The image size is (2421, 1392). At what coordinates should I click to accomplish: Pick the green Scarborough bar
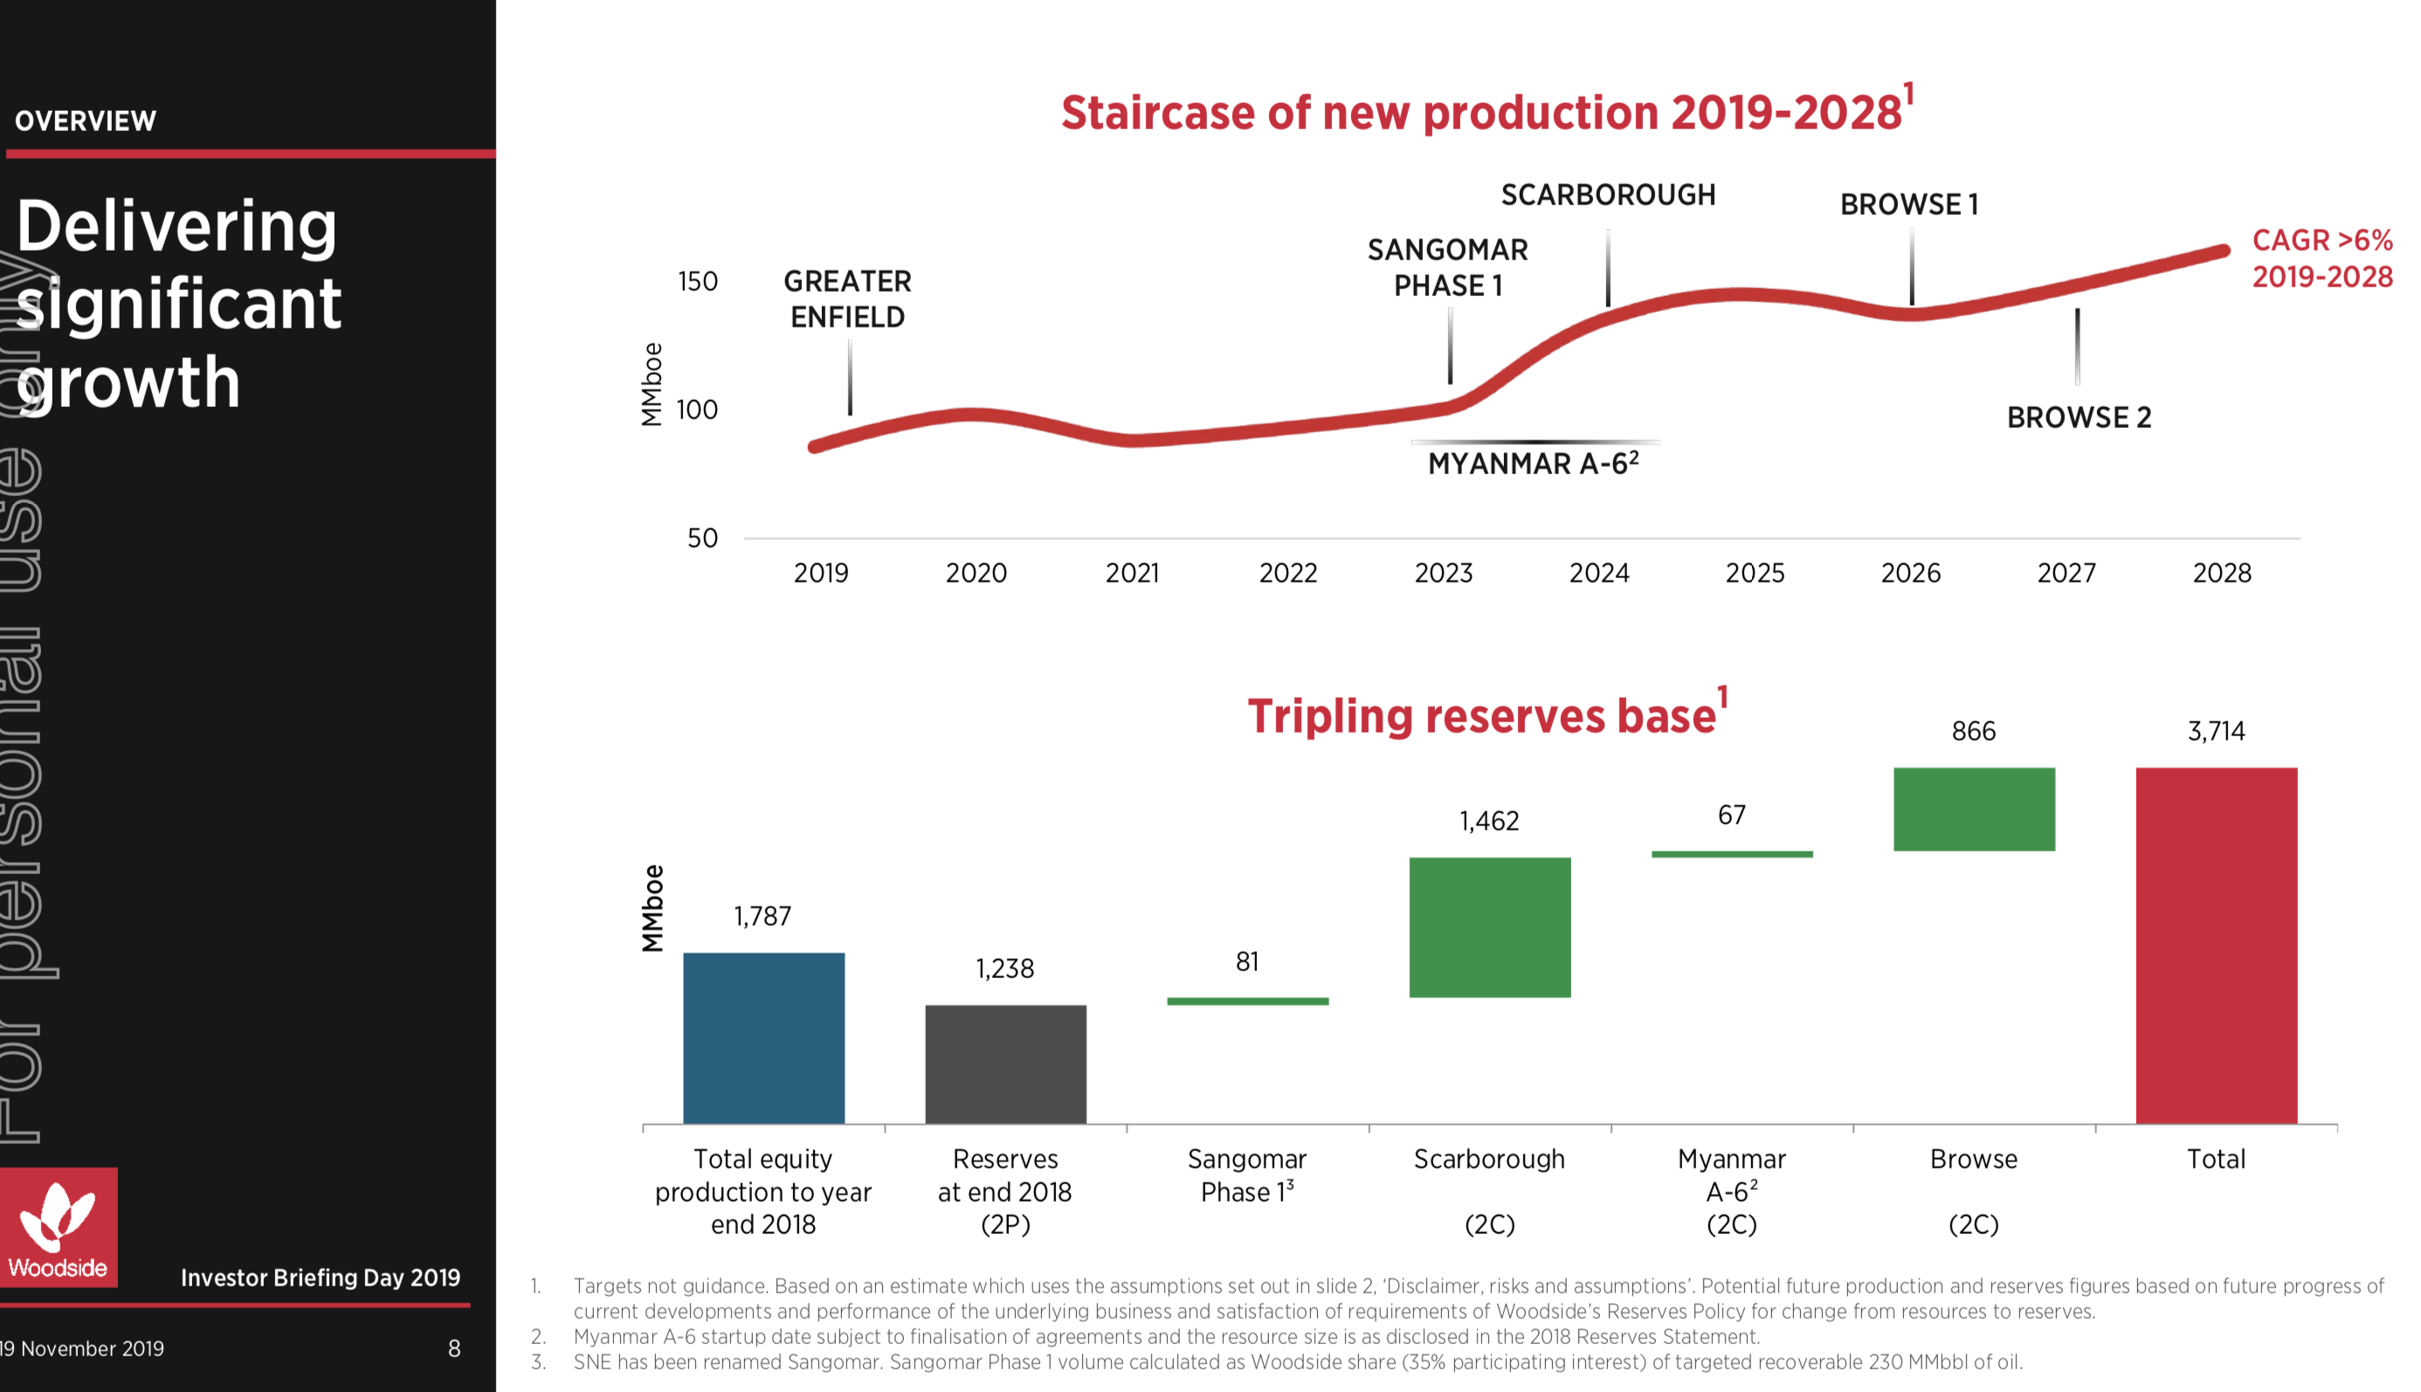(1489, 927)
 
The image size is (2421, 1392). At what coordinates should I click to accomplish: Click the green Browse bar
(1974, 809)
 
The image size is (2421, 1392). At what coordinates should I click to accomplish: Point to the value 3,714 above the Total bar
(2216, 732)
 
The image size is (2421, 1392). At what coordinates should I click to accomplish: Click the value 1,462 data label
(1489, 821)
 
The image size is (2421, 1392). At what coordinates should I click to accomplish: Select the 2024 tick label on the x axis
(1598, 573)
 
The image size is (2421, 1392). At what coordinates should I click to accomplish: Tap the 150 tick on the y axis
(697, 281)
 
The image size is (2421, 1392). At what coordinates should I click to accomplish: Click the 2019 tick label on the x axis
(820, 573)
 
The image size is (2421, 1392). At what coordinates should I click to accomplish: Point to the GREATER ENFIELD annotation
(847, 300)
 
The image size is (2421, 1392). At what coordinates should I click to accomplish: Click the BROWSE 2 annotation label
(2079, 417)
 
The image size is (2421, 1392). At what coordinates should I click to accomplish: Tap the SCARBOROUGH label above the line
(1608, 195)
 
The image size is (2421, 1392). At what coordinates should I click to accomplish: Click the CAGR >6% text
(2321, 240)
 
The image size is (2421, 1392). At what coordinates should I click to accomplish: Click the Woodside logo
(59, 1228)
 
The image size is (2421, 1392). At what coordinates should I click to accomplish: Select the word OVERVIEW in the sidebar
(85, 121)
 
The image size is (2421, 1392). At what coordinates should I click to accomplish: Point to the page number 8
(454, 1348)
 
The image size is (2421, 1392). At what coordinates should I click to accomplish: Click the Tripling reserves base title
(1482, 715)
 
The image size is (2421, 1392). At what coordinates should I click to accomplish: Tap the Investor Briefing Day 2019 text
(321, 1278)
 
